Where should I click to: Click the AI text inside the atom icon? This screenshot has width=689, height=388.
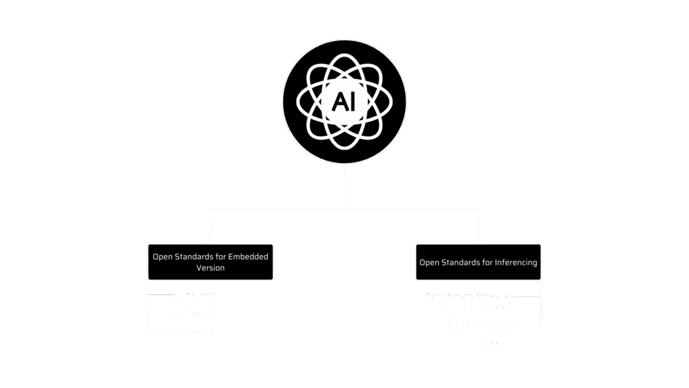pyautogui.click(x=344, y=102)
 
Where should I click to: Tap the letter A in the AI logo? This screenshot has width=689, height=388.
pyautogui.click(x=338, y=102)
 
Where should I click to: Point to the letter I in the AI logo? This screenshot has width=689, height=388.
pyautogui.click(x=352, y=102)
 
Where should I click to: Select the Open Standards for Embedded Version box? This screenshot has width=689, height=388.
pyautogui.click(x=211, y=262)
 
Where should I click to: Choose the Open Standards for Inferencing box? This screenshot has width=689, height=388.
pyautogui.click(x=478, y=262)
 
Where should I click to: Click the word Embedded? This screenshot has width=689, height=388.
pyautogui.click(x=248, y=257)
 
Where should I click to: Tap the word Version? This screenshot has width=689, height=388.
pyautogui.click(x=211, y=268)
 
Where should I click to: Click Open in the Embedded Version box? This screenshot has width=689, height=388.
pyautogui.click(x=163, y=257)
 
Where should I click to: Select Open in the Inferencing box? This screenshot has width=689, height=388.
pyautogui.click(x=429, y=262)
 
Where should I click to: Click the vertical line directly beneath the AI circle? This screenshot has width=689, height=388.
pyautogui.click(x=344, y=185)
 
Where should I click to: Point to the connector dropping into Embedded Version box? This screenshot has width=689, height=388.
pyautogui.click(x=211, y=226)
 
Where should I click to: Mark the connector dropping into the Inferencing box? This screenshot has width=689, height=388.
pyautogui.click(x=478, y=226)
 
